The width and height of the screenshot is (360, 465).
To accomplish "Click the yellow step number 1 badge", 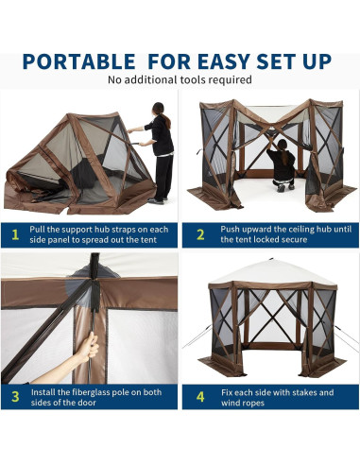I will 15,233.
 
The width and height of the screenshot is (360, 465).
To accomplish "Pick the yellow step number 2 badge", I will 200,233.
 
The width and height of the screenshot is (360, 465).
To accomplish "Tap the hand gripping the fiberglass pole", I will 90,346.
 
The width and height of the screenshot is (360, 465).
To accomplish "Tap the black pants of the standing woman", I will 163,175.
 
